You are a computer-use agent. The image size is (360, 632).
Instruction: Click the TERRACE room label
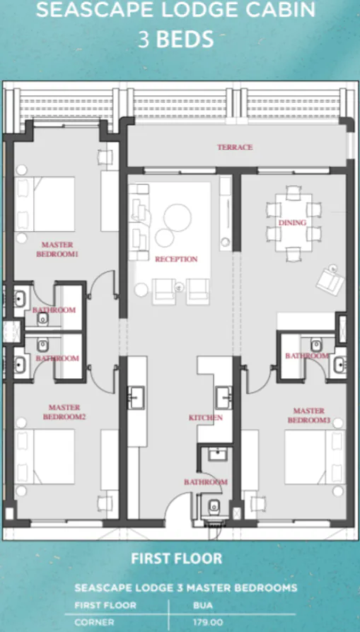235,147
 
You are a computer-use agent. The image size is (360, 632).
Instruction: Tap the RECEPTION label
176,259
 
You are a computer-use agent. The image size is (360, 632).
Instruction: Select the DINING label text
292,223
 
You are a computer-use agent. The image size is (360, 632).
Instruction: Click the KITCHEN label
205,418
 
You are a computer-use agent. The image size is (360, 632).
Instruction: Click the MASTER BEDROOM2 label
64,412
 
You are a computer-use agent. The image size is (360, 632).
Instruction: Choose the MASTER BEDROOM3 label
308,416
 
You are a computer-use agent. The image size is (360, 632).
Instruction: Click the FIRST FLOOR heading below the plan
176,558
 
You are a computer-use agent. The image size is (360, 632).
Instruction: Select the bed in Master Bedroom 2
45,456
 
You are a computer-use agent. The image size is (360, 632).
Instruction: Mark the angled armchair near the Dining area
327,279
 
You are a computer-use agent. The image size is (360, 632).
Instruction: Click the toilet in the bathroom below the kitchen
214,505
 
